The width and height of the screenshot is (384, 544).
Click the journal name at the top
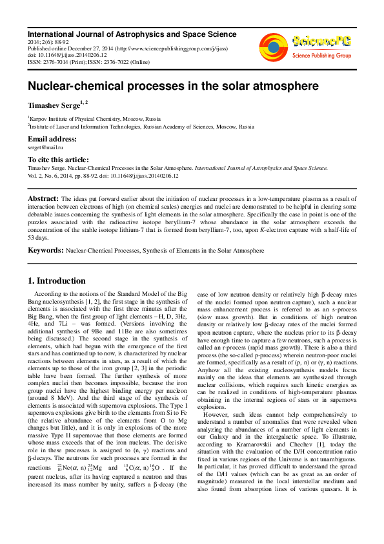click(132, 34)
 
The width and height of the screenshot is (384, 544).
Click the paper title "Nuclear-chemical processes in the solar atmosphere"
click(164, 85)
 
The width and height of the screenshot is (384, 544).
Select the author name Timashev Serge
click(55, 103)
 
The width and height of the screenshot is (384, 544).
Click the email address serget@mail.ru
click(44, 148)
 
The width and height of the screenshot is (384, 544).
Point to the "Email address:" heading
click(52, 139)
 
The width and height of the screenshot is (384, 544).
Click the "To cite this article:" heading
click(58, 160)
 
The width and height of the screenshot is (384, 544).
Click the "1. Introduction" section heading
click(56, 281)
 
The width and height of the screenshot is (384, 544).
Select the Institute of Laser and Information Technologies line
click(141, 127)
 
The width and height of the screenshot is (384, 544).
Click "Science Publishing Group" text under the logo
click(319, 56)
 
